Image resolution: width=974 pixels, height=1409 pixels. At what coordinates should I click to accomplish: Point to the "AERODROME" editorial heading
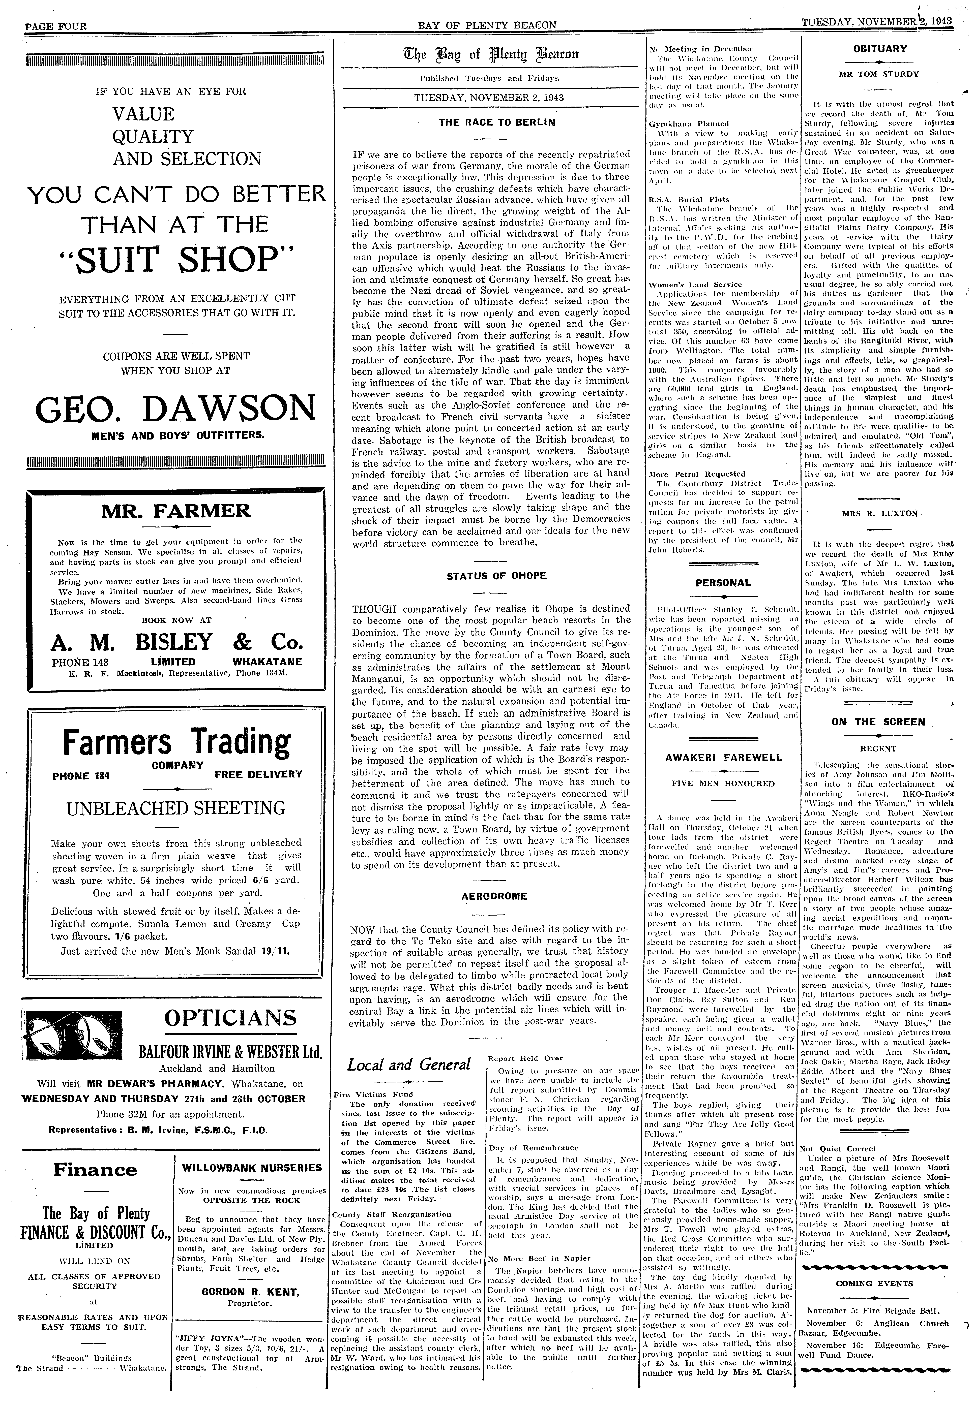(x=495, y=896)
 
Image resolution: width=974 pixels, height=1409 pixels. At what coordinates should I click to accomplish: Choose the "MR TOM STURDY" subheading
(x=879, y=74)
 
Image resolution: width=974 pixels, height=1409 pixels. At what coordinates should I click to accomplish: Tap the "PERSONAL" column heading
(x=723, y=582)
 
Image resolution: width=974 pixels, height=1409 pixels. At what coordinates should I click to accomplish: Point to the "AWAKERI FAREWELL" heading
(x=723, y=758)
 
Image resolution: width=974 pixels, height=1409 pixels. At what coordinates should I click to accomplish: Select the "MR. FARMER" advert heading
(x=176, y=511)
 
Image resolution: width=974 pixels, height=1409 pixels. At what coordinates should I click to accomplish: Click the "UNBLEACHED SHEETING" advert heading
(x=176, y=808)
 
